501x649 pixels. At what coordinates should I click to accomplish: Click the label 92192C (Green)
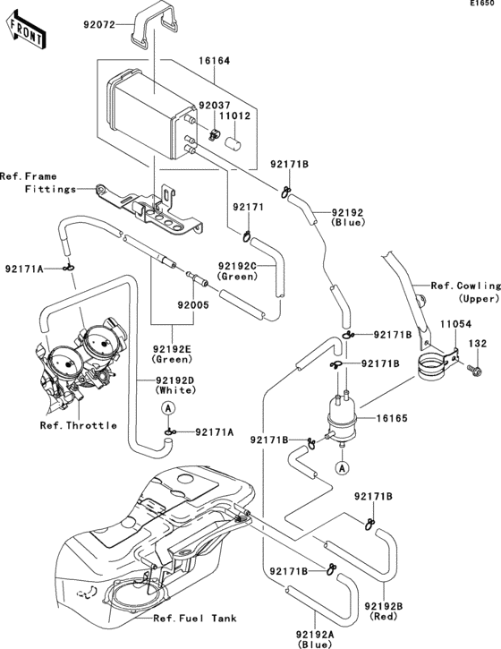[x=237, y=271]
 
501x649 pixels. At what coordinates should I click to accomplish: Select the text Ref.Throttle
[x=79, y=425]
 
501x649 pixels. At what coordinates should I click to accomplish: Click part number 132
[x=479, y=343]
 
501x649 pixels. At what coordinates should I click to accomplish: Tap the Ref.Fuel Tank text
[x=193, y=619]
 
